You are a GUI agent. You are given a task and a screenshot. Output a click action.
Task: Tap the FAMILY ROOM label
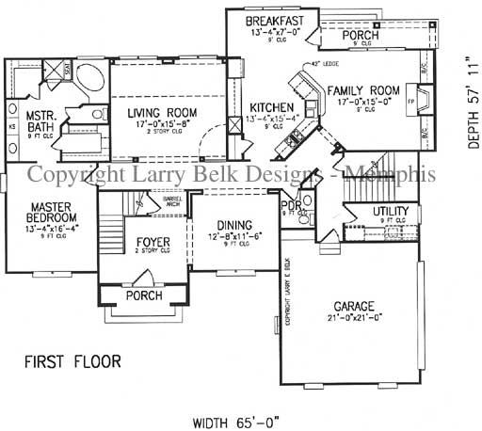click(363, 91)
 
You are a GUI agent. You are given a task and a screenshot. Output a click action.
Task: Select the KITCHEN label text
click(272, 108)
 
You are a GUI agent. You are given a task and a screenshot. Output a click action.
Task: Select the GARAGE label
click(354, 307)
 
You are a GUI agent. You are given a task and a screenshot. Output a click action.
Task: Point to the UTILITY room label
click(390, 211)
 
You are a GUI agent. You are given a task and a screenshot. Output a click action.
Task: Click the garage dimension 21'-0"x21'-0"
click(354, 319)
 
